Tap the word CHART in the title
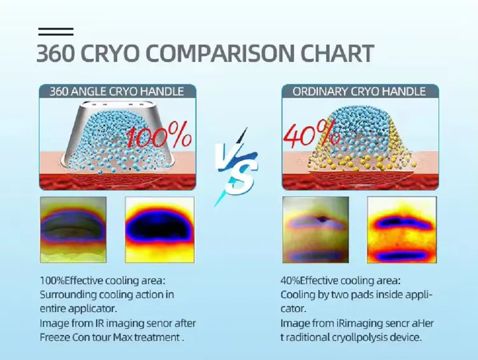pyautogui.click(x=337, y=53)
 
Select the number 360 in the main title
pyautogui.click(x=55, y=53)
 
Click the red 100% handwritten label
pyautogui.click(x=159, y=135)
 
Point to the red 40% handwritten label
pyautogui.click(x=311, y=133)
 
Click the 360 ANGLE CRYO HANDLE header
pyautogui.click(x=117, y=91)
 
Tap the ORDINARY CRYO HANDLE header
pyautogui.click(x=359, y=91)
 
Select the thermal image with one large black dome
pyautogui.click(x=160, y=229)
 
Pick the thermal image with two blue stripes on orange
pyautogui.click(x=402, y=229)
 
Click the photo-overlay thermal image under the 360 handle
pyautogui.click(x=73, y=229)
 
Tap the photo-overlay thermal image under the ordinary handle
pyautogui.click(x=316, y=229)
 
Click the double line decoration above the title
pyautogui.click(x=56, y=32)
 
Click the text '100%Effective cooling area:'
pyautogui.click(x=102, y=280)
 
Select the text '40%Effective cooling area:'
pyautogui.click(x=341, y=280)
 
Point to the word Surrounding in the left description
pyautogui.click(x=68, y=295)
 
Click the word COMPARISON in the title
pyautogui.click(x=220, y=53)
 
